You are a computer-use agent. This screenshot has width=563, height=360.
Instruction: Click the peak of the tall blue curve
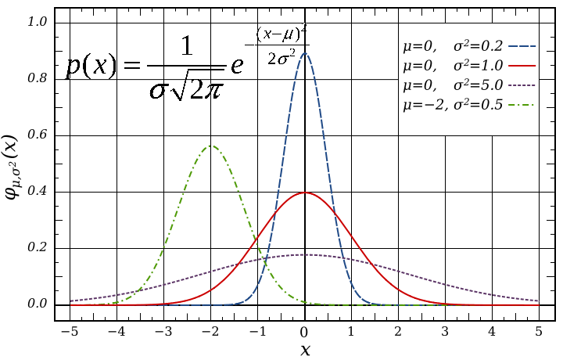(x=304, y=53)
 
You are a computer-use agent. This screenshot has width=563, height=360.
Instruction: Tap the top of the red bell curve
(x=305, y=193)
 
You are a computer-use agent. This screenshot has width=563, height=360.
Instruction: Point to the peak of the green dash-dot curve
(x=211, y=146)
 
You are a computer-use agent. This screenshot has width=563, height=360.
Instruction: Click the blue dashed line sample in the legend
(x=522, y=46)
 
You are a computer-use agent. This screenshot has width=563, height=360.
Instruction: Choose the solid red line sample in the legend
(x=522, y=66)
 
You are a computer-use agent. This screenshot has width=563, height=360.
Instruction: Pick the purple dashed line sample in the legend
(x=522, y=85)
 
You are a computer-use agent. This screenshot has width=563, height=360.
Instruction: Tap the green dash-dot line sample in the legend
(x=522, y=104)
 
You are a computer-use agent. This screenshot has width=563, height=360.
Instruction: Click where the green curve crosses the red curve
(x=254, y=240)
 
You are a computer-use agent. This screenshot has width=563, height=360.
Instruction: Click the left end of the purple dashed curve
(x=71, y=301)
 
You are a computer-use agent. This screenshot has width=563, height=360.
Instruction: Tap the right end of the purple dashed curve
(x=540, y=301)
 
